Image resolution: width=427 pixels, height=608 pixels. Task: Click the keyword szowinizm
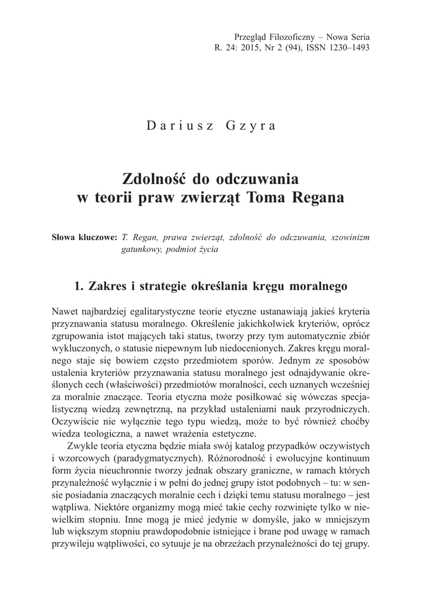click(x=350, y=237)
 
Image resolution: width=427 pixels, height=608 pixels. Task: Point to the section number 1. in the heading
click(x=77, y=286)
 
